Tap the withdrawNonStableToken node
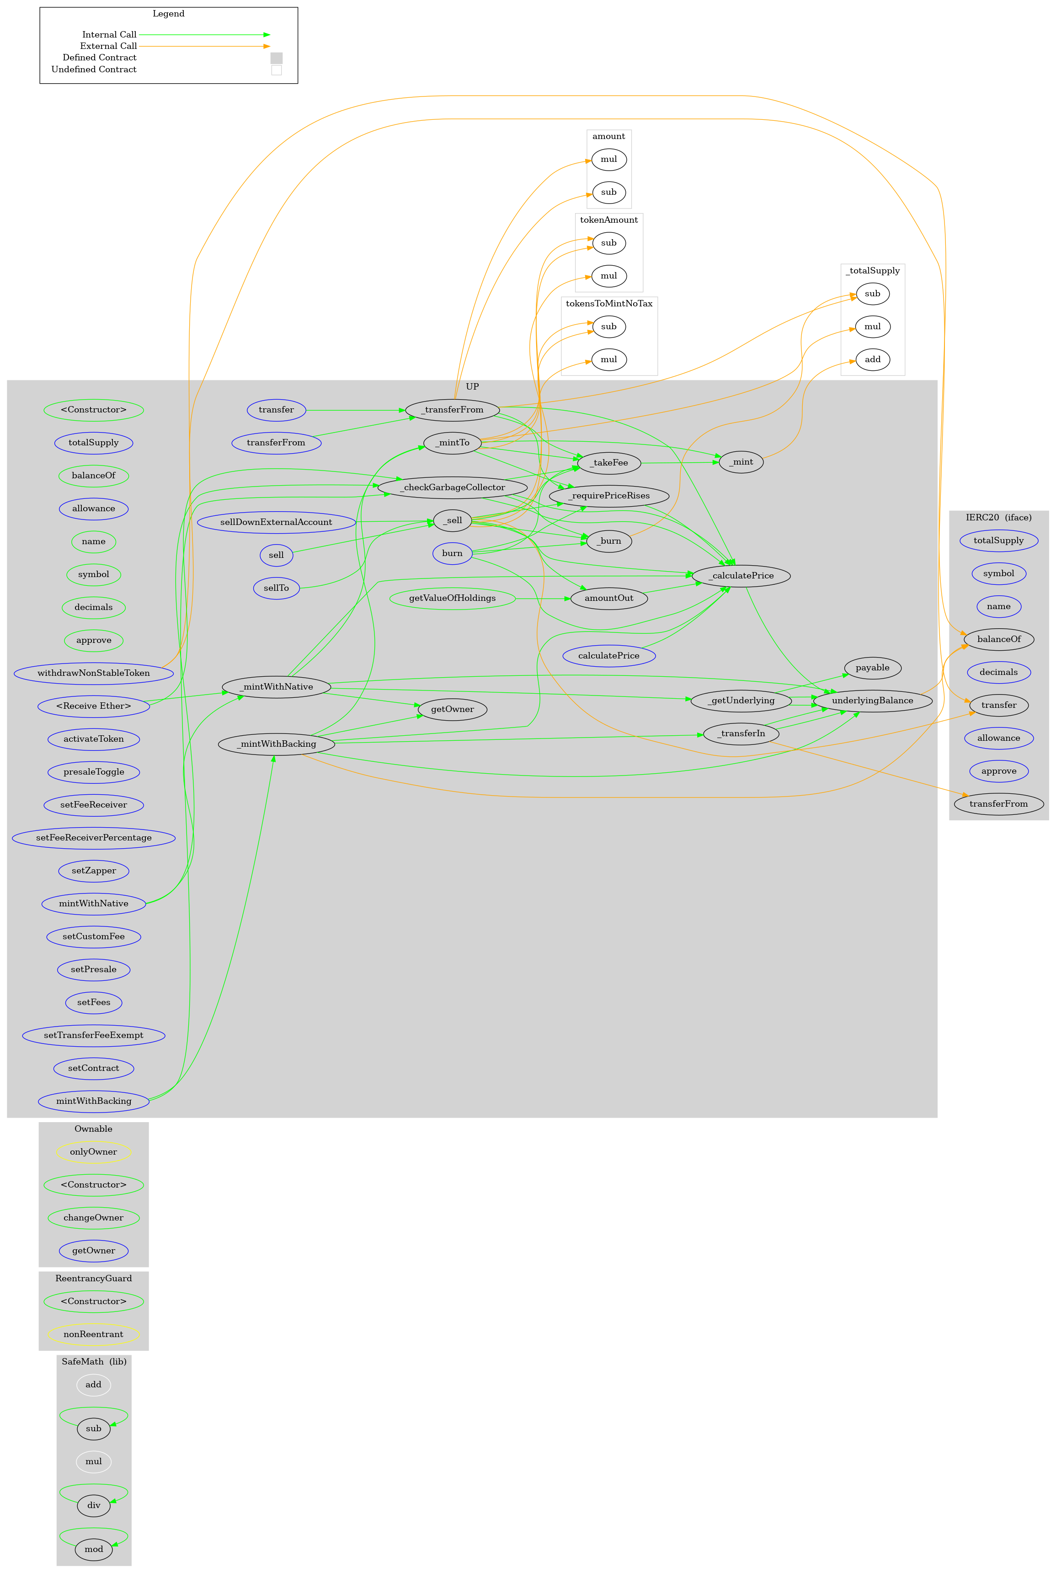[94, 673]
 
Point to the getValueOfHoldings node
[452, 598]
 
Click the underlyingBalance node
[872, 701]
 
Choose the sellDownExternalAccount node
[276, 522]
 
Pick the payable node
[872, 668]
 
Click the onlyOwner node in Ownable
[94, 1152]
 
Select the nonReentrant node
[94, 1334]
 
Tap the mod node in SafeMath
[94, 1549]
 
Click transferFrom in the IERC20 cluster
[998, 804]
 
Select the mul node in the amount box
[608, 160]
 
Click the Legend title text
[168, 13]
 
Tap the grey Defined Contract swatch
[276, 58]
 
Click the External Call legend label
[108, 46]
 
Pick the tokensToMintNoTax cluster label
[609, 304]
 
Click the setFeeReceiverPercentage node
[94, 837]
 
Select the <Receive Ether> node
[94, 706]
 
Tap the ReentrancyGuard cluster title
[94, 1279]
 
